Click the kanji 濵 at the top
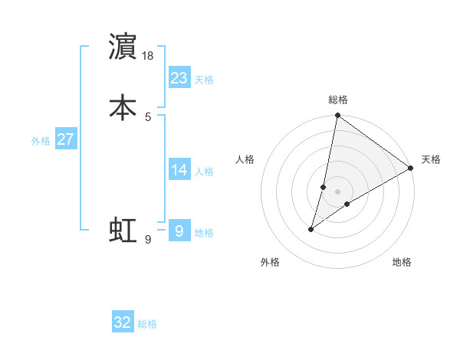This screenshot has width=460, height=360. (123, 47)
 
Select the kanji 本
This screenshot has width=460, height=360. (123, 106)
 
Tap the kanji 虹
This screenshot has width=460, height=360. (123, 231)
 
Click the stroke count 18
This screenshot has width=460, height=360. (149, 56)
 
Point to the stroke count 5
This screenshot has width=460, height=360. (148, 116)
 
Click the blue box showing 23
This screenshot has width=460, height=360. (179, 78)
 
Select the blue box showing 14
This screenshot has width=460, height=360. (179, 170)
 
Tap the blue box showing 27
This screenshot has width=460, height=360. (66, 140)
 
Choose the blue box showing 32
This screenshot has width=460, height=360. (123, 322)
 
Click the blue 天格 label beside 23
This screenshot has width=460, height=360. (204, 80)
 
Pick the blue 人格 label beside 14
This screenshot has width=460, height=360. (204, 172)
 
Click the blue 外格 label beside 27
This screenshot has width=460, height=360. (41, 141)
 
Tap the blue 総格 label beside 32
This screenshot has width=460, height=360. (147, 324)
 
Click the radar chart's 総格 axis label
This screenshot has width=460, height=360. (338, 100)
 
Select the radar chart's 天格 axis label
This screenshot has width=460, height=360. (431, 159)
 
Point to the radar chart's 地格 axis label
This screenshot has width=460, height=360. (402, 262)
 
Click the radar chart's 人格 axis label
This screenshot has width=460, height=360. (245, 159)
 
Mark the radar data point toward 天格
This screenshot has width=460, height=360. (411, 169)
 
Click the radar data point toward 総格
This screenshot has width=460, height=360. (337, 116)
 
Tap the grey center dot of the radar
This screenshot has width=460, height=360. (337, 191)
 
